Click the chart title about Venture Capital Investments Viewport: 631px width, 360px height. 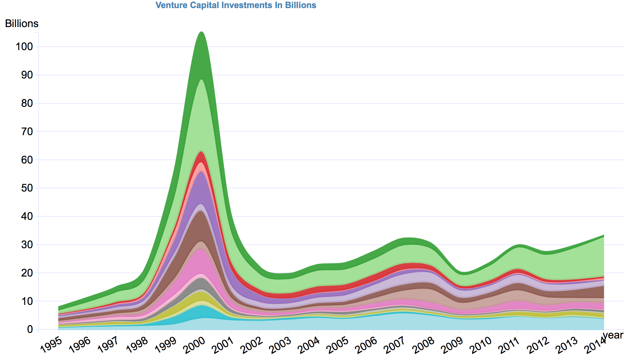(236, 5)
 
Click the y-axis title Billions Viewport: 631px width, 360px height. (22, 24)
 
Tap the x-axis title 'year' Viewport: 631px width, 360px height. (613, 335)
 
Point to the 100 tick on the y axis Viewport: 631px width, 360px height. (24, 47)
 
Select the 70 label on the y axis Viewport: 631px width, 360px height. (26, 131)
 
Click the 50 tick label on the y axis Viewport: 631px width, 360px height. (26, 188)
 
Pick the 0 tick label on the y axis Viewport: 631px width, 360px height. (30, 329)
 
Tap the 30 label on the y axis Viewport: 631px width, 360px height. (26, 245)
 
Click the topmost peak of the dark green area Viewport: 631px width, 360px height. (202, 32)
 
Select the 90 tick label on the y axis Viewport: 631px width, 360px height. (26, 75)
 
